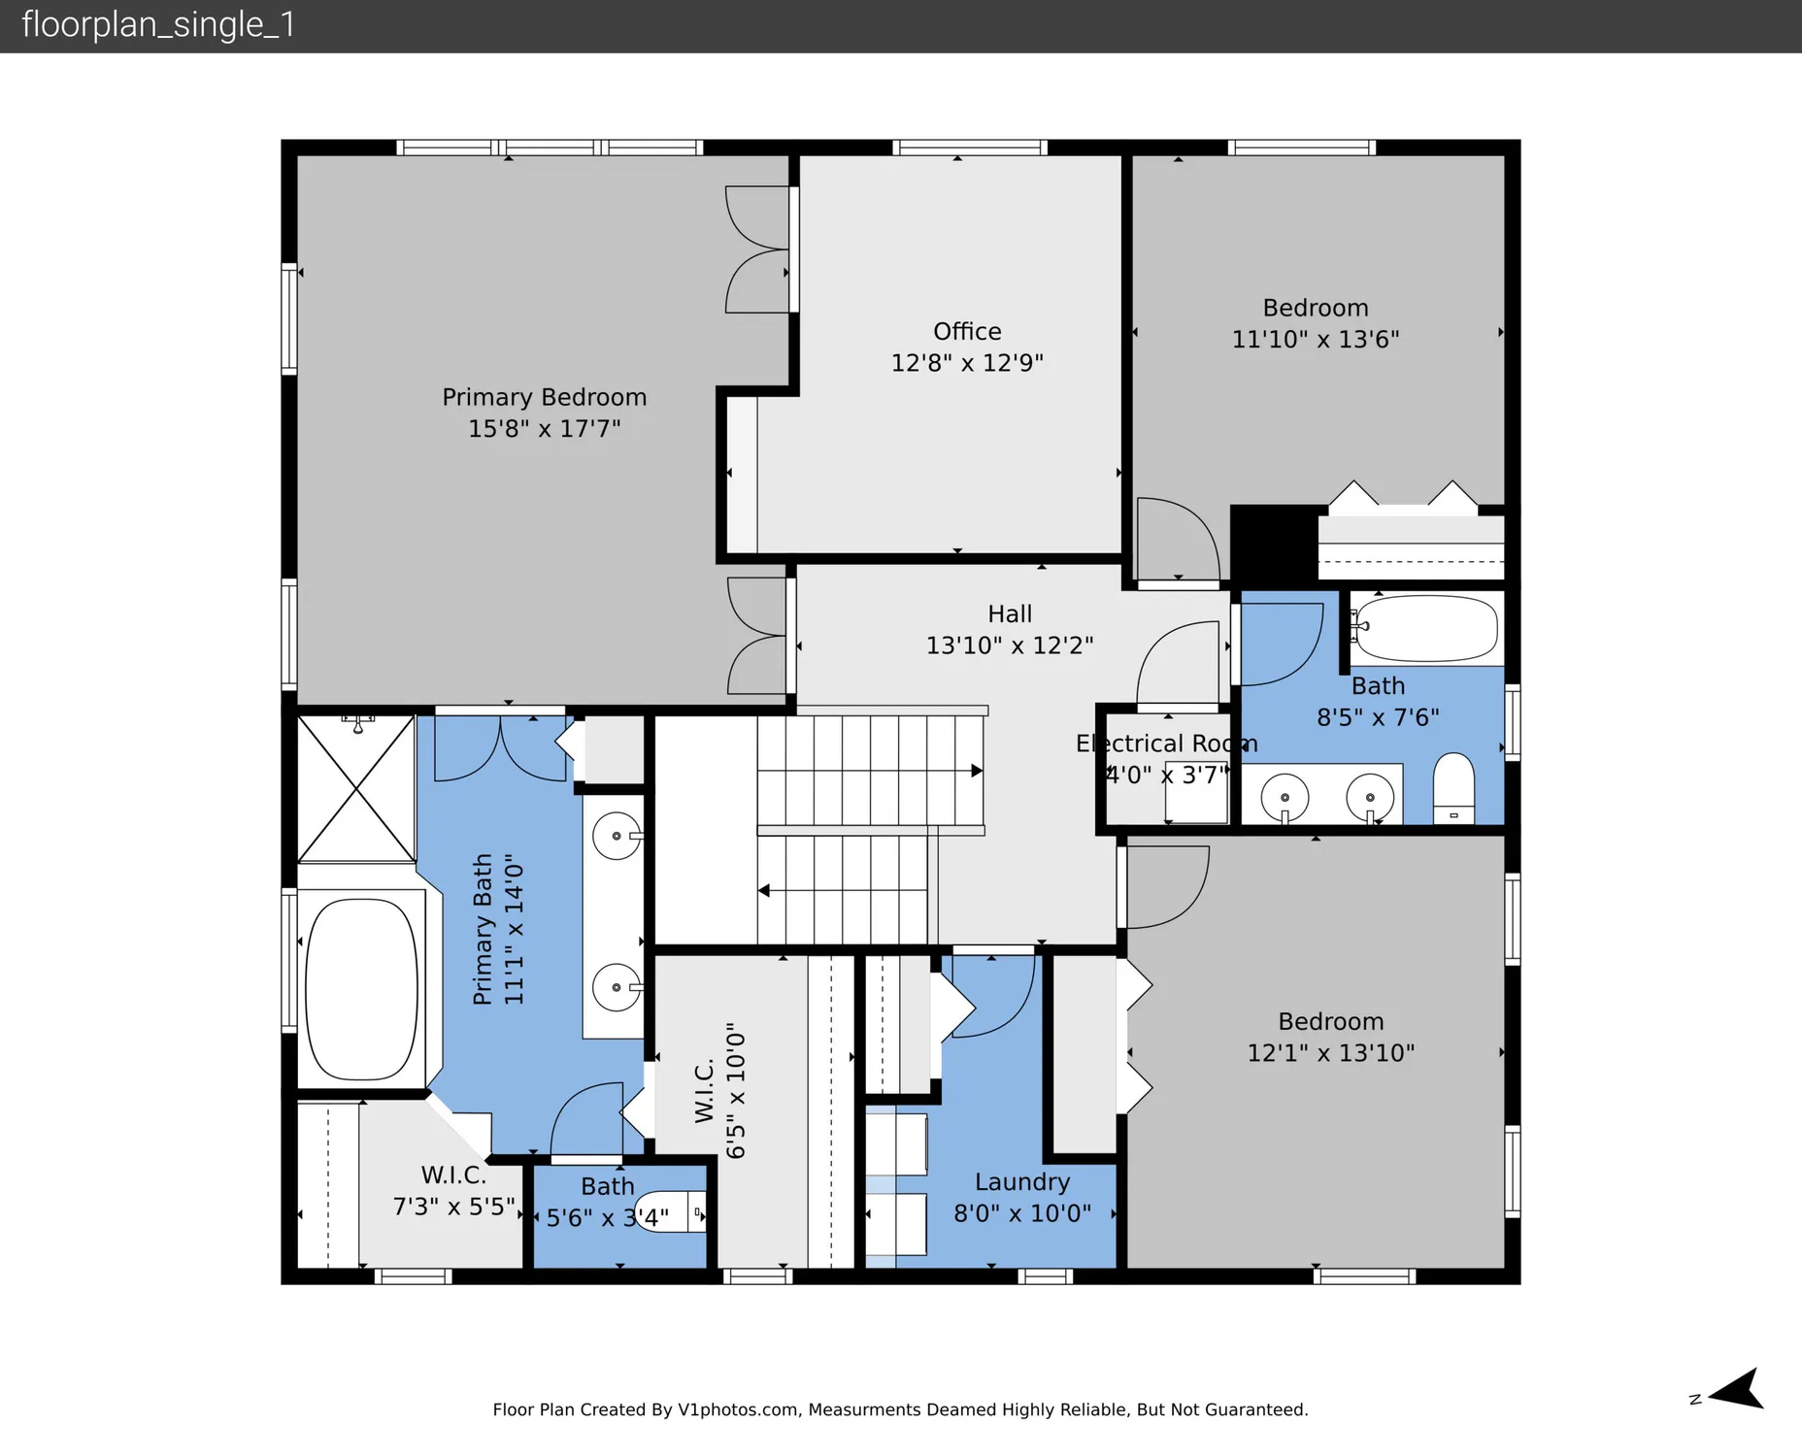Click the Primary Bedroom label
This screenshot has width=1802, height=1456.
tap(544, 397)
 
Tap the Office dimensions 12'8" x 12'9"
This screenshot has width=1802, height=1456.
tap(967, 363)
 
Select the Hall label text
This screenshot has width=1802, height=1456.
tap(1010, 614)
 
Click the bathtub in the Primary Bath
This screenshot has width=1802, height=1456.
tap(361, 989)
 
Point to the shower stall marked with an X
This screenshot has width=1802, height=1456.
tap(356, 789)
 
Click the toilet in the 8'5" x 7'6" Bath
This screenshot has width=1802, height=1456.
tap(1453, 786)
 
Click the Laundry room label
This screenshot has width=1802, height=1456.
tap(1022, 1182)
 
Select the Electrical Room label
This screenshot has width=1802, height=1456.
tap(1166, 744)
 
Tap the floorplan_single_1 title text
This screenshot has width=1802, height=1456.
tap(158, 24)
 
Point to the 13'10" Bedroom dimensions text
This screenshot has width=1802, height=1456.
tap(1330, 1053)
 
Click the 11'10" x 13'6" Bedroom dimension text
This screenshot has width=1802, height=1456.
tap(1316, 340)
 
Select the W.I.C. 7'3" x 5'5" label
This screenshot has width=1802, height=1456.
tap(453, 1191)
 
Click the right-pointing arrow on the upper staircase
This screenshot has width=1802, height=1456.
tap(976, 771)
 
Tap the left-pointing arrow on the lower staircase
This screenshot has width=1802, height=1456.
tap(764, 890)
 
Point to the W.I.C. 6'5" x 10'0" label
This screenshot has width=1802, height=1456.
tap(719, 1090)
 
